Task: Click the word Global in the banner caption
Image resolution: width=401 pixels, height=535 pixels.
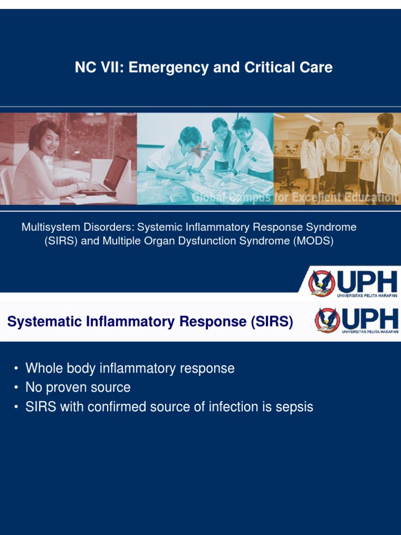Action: [208, 197]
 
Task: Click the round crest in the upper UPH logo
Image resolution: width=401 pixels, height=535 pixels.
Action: [322, 283]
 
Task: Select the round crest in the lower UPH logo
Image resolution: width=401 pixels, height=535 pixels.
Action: [327, 320]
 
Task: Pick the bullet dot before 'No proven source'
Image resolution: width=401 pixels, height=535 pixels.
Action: [16, 388]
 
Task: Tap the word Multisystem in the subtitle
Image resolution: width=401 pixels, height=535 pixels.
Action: [50, 227]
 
